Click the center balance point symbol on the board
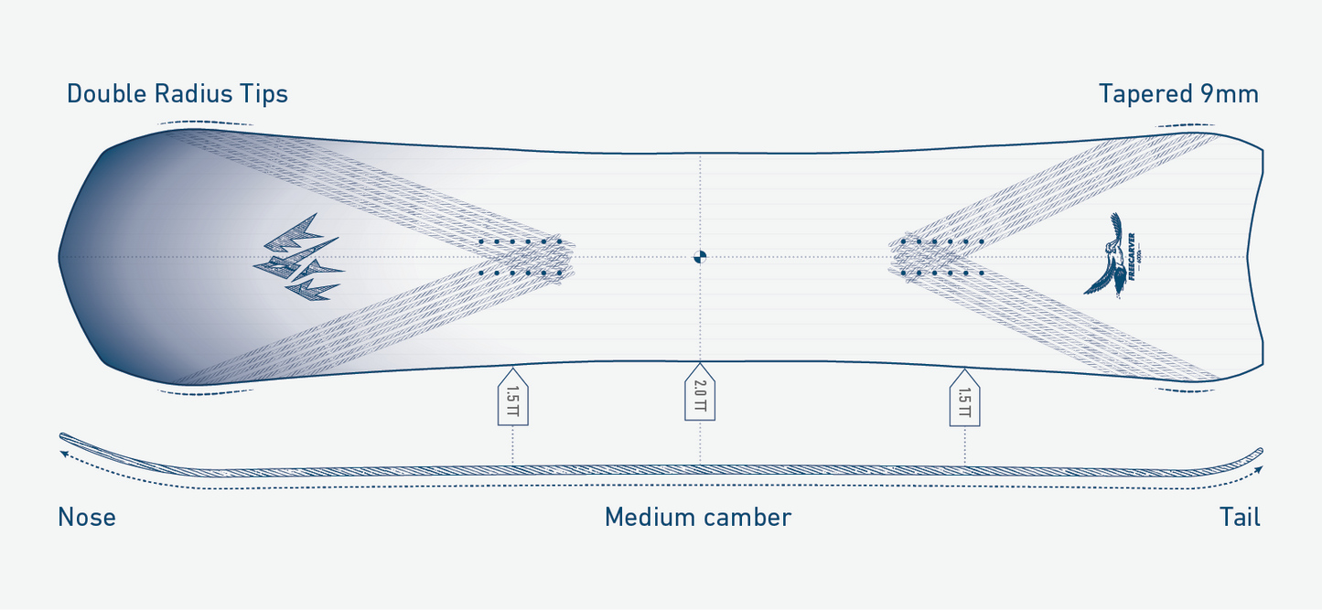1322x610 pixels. coord(700,257)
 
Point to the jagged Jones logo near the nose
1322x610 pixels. coord(299,258)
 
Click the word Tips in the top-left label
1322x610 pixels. coord(263,94)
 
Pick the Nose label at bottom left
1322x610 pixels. coord(87,518)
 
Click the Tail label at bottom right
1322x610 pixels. coord(1240,518)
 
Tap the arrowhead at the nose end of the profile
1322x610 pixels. coord(64,452)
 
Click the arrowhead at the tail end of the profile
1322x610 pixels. coord(1259,469)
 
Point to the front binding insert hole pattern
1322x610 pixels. coord(520,257)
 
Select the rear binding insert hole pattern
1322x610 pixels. coord(941,257)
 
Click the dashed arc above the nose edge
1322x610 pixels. coord(205,123)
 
